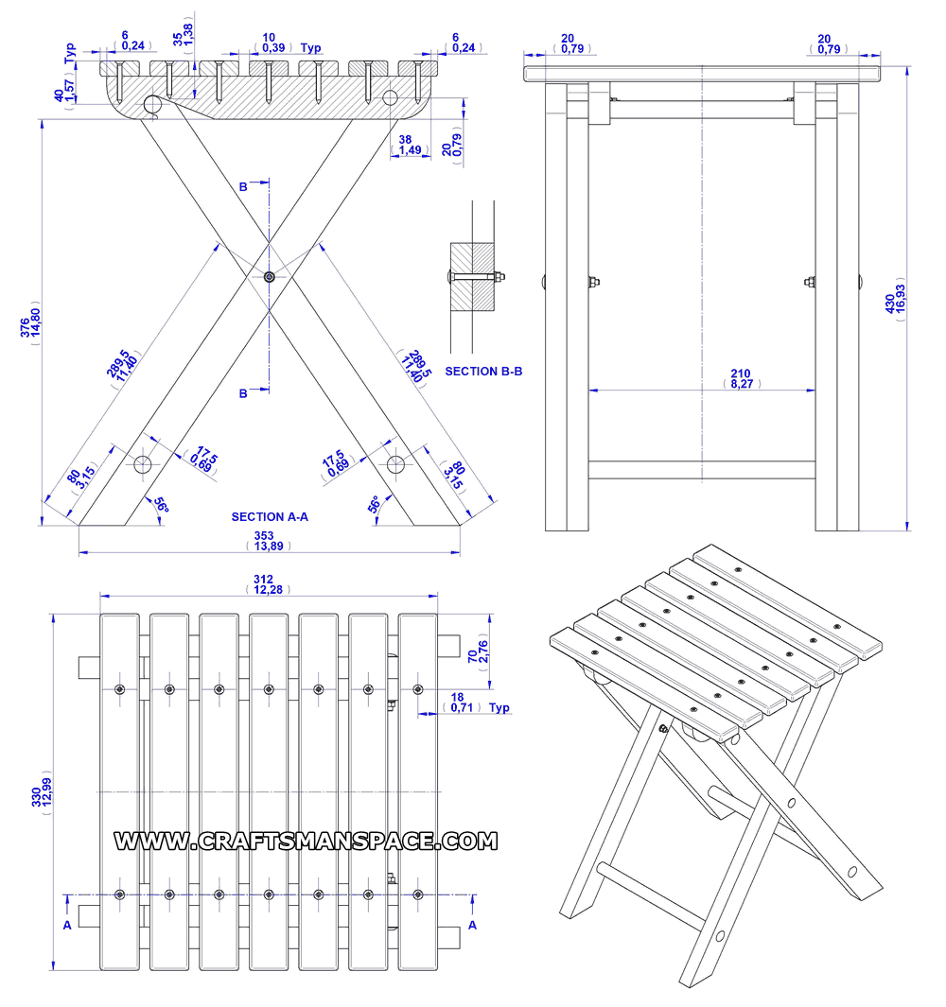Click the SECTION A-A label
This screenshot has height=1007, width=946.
coord(270,517)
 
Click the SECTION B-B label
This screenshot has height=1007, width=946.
coord(483,372)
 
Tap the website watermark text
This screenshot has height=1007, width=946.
coord(306,841)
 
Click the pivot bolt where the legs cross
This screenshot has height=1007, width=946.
coord(270,277)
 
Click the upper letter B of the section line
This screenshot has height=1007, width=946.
coord(243,187)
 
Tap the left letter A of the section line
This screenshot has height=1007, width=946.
coord(67,925)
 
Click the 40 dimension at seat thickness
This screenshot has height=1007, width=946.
coord(59,95)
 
